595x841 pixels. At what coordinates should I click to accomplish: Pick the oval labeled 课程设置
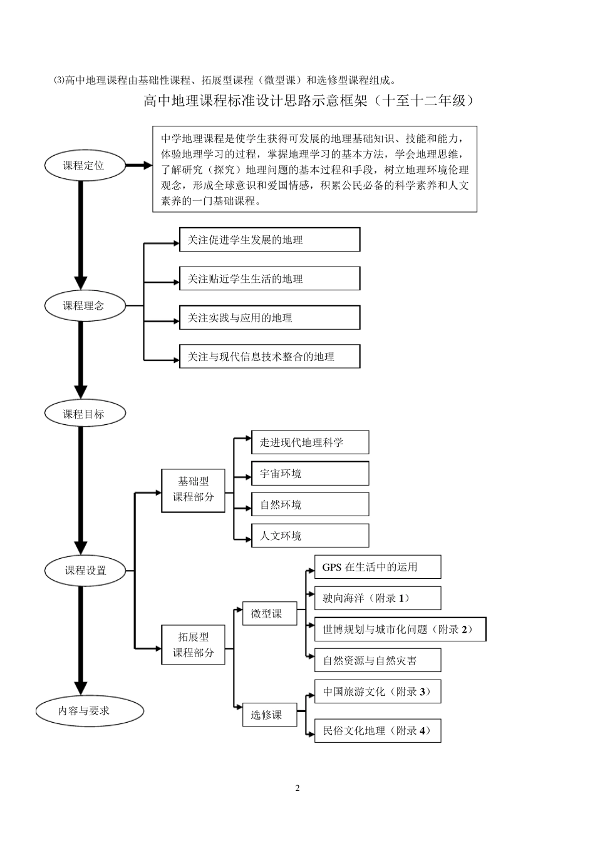(85, 571)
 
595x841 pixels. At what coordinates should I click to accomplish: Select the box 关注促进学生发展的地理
(269, 240)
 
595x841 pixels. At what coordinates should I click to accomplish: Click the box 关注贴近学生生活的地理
(269, 278)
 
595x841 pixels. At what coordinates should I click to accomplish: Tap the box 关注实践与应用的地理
(269, 318)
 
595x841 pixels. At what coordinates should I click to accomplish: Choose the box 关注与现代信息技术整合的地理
(269, 357)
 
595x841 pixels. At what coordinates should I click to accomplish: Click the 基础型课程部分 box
(193, 489)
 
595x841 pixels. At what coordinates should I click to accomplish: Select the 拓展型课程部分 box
(193, 645)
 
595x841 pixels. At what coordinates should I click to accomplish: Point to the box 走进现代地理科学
(309, 442)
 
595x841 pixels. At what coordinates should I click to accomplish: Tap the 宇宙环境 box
(309, 474)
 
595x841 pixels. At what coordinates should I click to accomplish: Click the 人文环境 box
(309, 536)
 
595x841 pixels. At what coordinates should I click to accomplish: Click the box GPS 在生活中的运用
(377, 567)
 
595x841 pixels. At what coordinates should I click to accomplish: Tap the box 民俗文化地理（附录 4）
(377, 730)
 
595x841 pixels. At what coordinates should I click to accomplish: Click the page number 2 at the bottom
(297, 788)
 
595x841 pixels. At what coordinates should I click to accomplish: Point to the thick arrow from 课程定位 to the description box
(138, 166)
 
